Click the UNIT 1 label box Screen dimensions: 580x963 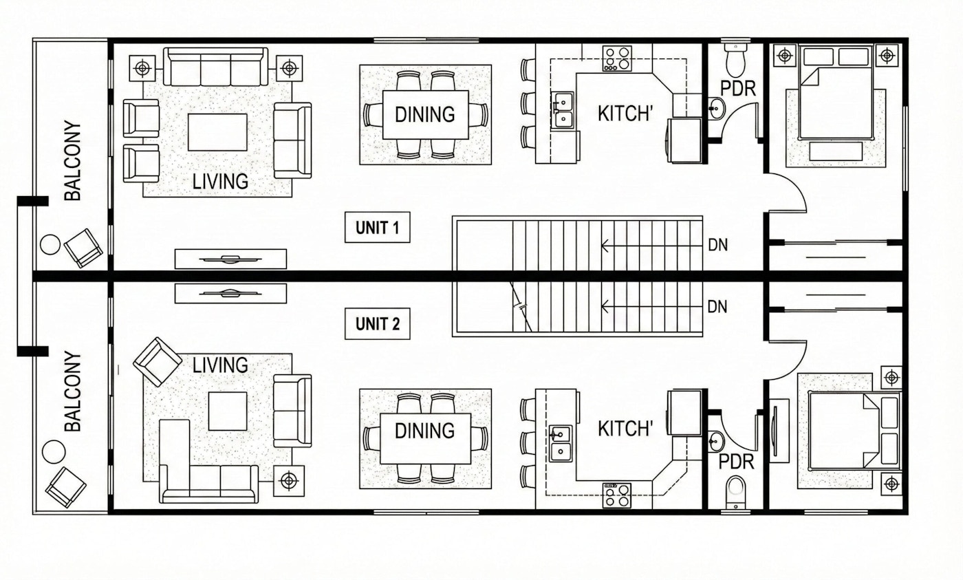coord(377,228)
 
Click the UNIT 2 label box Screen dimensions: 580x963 coord(377,323)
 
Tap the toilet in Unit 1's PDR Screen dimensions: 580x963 coord(737,61)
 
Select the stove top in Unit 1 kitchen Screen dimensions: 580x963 coord(617,58)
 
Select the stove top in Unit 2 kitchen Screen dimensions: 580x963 coord(617,495)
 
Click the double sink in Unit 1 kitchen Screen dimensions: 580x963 coord(563,111)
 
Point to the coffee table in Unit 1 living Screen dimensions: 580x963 coord(217,132)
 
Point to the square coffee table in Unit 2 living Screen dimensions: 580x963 coord(227,411)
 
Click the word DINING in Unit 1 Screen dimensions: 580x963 coord(424,114)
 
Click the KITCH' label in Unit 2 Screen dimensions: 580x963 coord(625,429)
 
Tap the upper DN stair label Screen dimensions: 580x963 coord(717,244)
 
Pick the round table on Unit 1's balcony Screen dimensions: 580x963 coord(50,244)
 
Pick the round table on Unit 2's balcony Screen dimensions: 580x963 coord(54,451)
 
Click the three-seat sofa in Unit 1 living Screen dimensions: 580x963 coord(216,67)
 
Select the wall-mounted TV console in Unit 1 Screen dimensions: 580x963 coord(230,259)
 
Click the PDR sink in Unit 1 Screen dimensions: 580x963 coord(716,108)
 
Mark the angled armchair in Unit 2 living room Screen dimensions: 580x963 coord(158,361)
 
